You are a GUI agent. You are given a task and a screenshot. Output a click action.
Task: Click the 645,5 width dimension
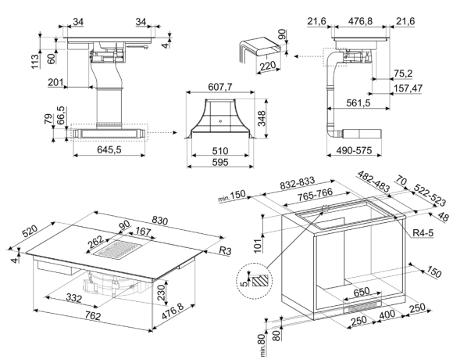point(109,149)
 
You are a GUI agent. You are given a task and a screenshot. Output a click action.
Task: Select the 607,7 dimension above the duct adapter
point(220,87)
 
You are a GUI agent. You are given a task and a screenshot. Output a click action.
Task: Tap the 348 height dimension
point(262,118)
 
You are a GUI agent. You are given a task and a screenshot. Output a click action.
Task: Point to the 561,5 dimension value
point(358,102)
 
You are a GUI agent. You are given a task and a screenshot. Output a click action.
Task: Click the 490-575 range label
point(354,150)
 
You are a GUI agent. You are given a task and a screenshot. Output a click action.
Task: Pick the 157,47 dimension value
point(408,88)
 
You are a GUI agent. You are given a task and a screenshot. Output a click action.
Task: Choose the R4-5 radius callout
point(423,232)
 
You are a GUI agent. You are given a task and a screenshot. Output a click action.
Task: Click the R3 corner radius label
point(226,250)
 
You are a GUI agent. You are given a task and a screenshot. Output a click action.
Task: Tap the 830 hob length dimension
point(160,221)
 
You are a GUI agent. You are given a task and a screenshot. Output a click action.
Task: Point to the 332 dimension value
point(73,297)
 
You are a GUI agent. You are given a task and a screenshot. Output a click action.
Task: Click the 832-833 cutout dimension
point(298,184)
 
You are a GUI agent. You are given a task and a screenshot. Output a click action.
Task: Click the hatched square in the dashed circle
point(262,281)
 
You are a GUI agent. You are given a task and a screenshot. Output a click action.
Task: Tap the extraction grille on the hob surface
point(119,249)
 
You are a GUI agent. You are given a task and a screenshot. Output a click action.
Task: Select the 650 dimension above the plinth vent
point(361,292)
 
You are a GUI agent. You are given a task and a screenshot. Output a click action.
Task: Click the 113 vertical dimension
point(35,62)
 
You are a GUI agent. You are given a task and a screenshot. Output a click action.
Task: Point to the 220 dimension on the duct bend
point(268,66)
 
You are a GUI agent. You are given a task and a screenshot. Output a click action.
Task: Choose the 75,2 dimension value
point(403,74)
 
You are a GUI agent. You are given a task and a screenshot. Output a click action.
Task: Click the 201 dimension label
point(55,82)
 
